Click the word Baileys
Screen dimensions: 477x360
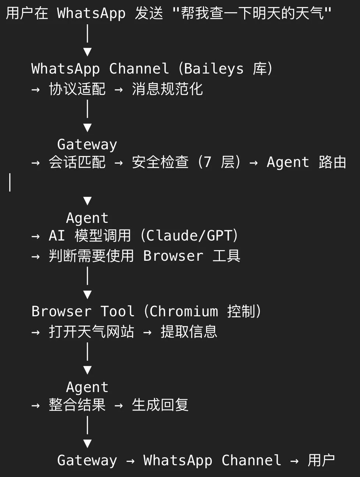(213, 69)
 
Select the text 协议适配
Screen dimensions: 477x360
(77, 89)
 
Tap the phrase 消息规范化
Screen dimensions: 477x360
(167, 89)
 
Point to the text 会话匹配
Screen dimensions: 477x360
(77, 162)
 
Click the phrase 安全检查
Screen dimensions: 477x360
(160, 162)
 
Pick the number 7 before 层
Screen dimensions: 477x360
(207, 162)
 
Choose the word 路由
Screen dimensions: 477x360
(332, 162)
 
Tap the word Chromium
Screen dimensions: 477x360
(183, 312)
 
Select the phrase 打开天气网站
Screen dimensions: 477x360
(91, 332)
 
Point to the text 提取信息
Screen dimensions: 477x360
(189, 332)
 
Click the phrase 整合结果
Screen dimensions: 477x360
(77, 405)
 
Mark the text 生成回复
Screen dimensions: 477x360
(160, 405)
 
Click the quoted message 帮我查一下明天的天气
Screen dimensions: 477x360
(252, 14)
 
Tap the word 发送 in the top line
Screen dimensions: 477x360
(149, 14)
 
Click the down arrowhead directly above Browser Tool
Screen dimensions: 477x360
(87, 295)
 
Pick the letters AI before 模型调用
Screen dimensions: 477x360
(57, 236)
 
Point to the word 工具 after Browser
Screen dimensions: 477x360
(227, 256)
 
